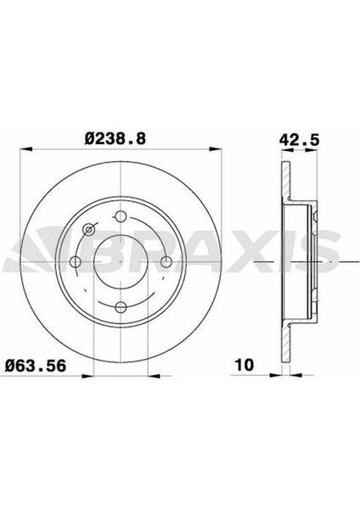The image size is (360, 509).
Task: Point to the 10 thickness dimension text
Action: (x=243, y=366)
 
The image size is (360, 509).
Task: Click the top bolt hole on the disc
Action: (x=121, y=215)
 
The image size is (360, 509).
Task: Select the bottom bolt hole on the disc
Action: (x=121, y=307)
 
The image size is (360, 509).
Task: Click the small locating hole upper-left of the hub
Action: (x=88, y=229)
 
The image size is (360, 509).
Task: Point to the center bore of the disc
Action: (x=121, y=261)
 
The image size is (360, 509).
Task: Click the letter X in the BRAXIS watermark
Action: (x=233, y=252)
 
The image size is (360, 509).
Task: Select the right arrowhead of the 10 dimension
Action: (x=289, y=375)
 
